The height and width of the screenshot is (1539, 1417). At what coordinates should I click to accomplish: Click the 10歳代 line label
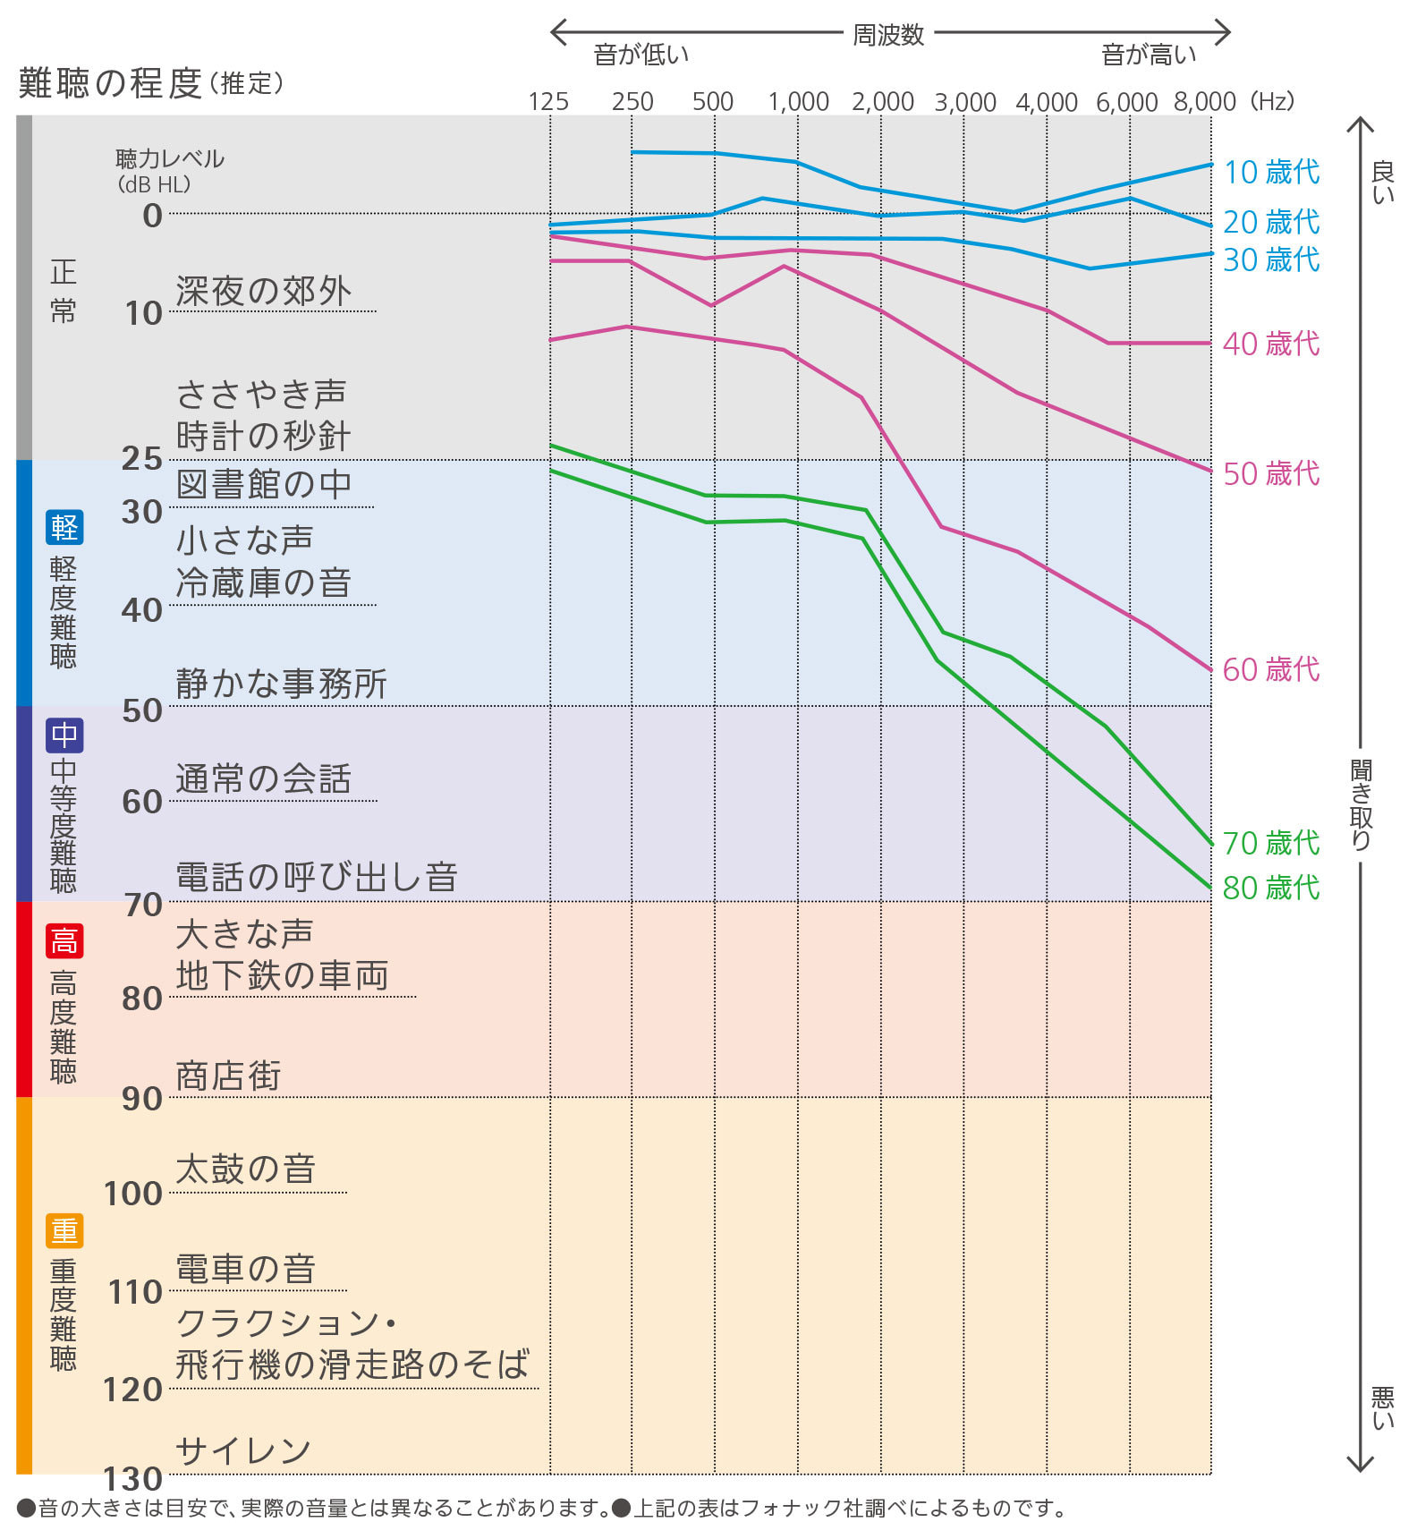pos(1270,171)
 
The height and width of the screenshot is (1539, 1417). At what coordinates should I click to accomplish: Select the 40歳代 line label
pos(1270,343)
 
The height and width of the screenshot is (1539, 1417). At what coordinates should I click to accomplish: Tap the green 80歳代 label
pos(1270,887)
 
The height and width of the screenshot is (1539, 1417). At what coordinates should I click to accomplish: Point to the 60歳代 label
pos(1270,668)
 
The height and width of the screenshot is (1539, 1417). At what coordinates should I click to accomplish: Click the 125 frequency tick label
pos(548,101)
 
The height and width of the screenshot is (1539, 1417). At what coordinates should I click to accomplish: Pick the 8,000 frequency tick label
pos(1204,101)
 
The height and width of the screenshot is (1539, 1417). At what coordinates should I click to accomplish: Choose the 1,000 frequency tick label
pos(798,101)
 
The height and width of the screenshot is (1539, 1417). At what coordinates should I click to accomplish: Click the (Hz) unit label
pos(1272,101)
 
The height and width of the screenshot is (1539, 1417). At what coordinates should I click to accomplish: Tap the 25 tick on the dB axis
pos(142,458)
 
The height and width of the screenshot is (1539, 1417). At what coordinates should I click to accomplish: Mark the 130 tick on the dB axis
pos(133,1478)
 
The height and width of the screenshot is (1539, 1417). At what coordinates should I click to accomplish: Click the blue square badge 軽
pos(64,527)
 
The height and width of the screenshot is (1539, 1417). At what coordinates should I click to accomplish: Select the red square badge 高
pos(64,940)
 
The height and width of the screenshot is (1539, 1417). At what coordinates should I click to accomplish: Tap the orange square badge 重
pos(64,1231)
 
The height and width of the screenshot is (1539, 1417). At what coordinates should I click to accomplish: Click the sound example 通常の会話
pos(263,778)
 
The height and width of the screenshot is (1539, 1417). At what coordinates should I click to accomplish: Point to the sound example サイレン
pos(242,1450)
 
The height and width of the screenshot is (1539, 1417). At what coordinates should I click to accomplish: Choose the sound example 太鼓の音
pos(246,1169)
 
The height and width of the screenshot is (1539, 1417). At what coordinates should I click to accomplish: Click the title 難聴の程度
pos(110,83)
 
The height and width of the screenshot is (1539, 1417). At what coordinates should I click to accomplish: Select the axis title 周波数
pos(887,34)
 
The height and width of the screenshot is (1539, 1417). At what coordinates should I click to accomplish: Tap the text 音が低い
pos(641,55)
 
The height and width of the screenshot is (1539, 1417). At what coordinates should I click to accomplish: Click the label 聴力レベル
pos(170,158)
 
